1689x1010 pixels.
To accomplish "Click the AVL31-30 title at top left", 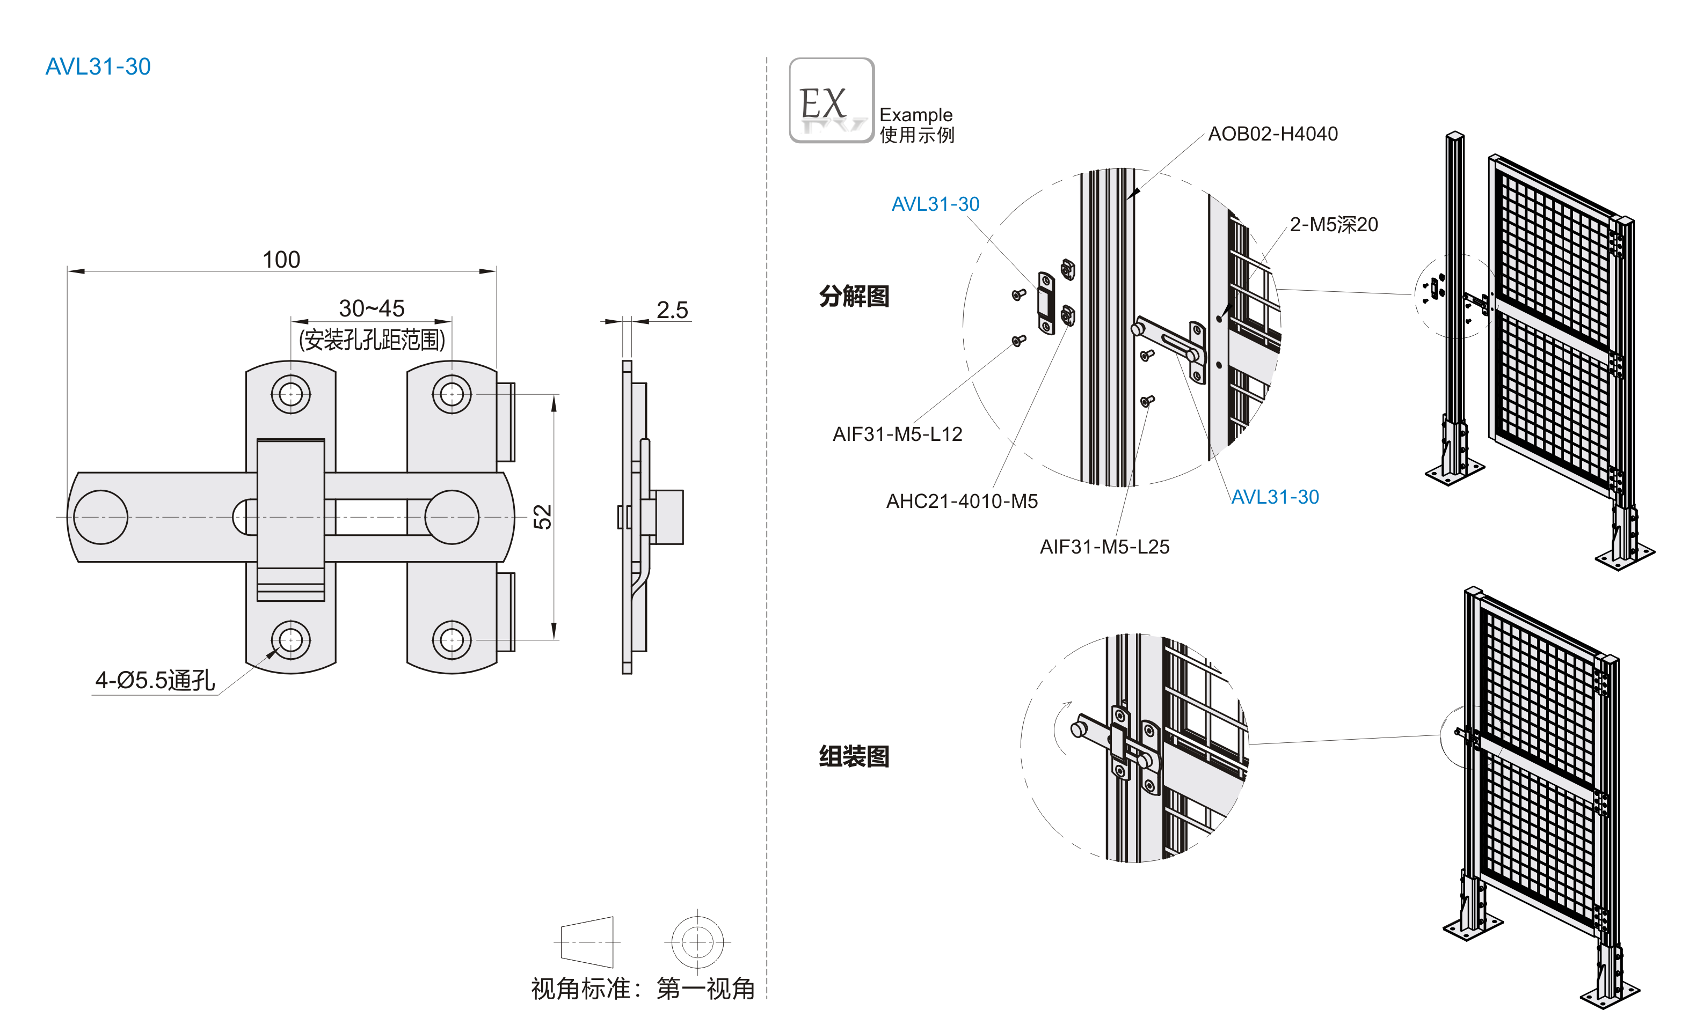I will [98, 67].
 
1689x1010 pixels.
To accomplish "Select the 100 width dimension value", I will [281, 259].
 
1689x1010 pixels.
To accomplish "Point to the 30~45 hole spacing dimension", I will [372, 308].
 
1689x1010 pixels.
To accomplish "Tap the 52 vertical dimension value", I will [543, 517].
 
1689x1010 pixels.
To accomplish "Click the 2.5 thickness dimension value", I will [672, 311].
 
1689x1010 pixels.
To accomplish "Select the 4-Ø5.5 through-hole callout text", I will [155, 680].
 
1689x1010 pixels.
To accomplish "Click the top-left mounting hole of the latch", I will [291, 394].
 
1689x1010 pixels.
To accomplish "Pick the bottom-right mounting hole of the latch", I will [452, 640].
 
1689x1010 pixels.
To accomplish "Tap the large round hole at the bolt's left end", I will [101, 517].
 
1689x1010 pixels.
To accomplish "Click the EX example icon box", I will [832, 101].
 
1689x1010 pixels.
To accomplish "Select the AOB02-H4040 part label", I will [1272, 134].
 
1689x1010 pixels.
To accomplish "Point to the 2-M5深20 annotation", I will [1334, 225].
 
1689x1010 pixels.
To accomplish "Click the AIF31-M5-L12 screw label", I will [897, 434].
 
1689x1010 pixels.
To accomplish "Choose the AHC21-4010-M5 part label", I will [962, 502].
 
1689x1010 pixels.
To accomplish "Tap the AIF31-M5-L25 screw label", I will [1104, 547].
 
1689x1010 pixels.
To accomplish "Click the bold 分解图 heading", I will [854, 297].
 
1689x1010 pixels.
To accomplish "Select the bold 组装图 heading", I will [854, 756].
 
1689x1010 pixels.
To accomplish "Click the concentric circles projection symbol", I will [697, 942].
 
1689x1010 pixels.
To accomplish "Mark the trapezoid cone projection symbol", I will [587, 942].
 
